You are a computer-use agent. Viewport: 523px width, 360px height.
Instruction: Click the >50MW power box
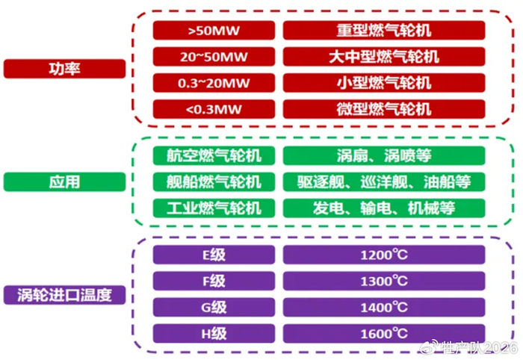[x=214, y=31]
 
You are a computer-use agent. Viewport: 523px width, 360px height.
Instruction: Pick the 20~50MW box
[x=214, y=57]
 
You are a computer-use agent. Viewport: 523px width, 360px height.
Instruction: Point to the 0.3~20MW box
[x=214, y=82]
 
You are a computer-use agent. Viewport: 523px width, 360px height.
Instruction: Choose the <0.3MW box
[x=214, y=108]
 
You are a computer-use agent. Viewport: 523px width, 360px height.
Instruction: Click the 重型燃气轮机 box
[x=384, y=31]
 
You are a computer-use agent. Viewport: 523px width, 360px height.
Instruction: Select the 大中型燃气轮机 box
[x=384, y=57]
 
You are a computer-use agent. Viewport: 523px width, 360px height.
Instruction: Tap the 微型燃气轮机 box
[x=384, y=108]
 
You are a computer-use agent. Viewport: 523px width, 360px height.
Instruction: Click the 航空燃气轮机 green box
[x=214, y=156]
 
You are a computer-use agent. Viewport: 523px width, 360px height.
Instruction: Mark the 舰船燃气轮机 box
[x=214, y=181]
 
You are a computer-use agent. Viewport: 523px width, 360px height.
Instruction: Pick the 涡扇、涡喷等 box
[x=384, y=156]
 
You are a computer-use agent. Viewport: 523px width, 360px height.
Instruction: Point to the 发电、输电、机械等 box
[x=384, y=207]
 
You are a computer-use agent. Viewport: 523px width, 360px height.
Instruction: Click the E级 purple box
[x=214, y=255]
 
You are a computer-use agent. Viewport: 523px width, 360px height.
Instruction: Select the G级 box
[x=214, y=307]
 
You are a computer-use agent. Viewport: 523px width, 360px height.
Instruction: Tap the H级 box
[x=214, y=332]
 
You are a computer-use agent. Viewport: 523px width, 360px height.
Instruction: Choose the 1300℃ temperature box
[x=384, y=281]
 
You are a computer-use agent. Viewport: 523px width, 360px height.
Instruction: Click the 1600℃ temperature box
[x=384, y=332]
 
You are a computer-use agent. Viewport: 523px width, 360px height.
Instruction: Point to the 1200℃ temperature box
[x=384, y=255]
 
